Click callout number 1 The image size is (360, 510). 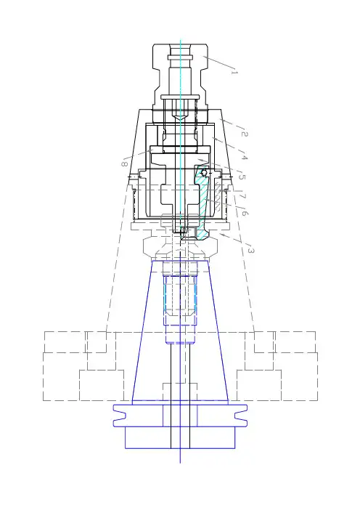click(x=234, y=71)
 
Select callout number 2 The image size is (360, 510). click(x=245, y=133)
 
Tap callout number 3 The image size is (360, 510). click(x=251, y=250)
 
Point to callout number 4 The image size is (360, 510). click(x=245, y=158)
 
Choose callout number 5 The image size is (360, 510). click(x=242, y=177)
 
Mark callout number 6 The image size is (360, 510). click(x=245, y=214)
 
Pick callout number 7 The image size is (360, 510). click(x=242, y=196)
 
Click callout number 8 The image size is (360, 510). click(x=124, y=164)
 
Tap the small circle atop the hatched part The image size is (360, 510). click(x=204, y=173)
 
